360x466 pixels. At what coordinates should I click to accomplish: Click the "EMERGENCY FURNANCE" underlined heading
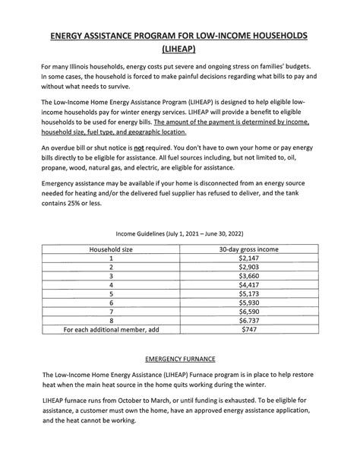(x=179, y=380)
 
